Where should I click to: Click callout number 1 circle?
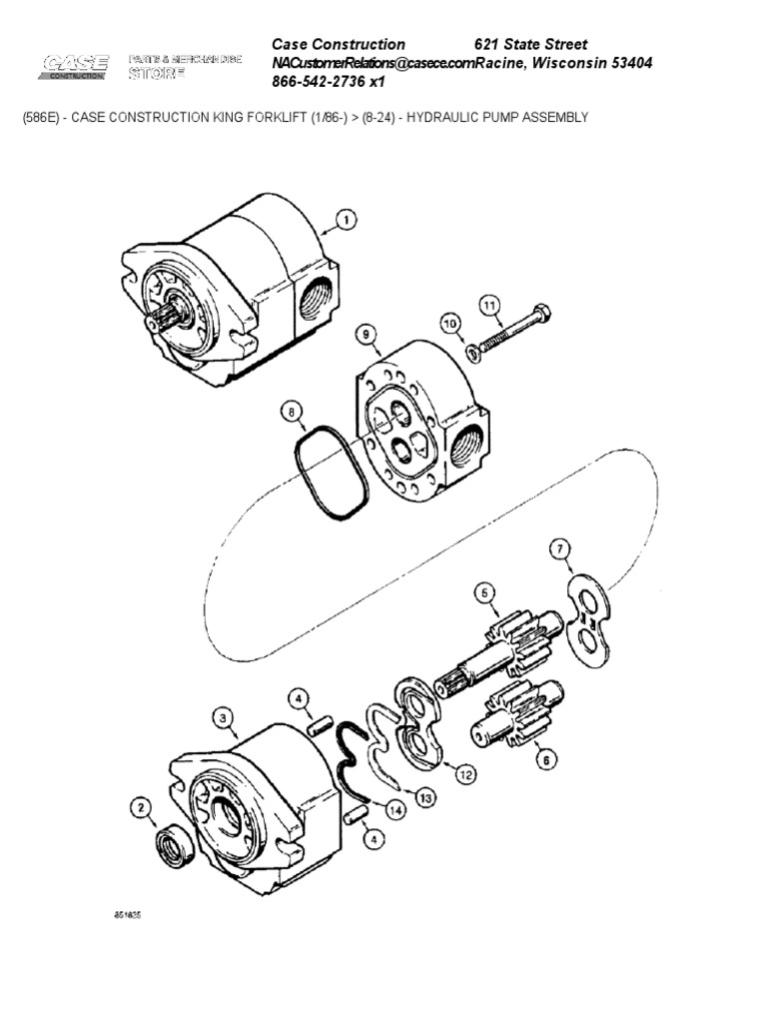click(x=346, y=220)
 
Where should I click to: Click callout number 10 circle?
click(x=449, y=323)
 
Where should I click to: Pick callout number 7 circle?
click(x=560, y=549)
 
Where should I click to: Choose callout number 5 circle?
click(x=484, y=593)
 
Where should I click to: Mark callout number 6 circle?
click(x=545, y=758)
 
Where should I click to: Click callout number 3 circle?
click(x=224, y=716)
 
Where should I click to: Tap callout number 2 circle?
click(x=143, y=807)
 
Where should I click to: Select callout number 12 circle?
click(x=464, y=772)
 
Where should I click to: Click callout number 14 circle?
click(x=395, y=810)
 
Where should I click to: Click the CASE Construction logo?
click(x=75, y=69)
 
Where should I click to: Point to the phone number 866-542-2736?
click(x=320, y=83)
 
